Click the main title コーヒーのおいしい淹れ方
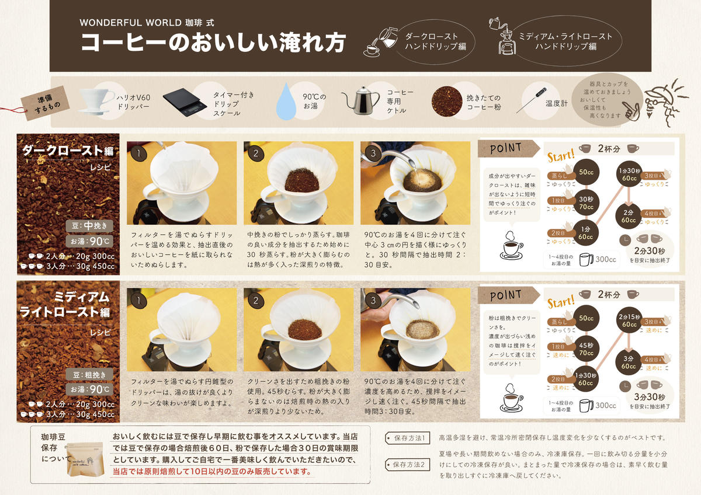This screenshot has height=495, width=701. [213, 43]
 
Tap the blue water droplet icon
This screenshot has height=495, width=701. [287, 101]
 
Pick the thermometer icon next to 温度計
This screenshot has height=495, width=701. [529, 100]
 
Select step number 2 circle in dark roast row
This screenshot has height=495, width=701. [255, 154]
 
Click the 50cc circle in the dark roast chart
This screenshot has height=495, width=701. [586, 172]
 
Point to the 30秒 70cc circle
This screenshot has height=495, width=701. [586, 202]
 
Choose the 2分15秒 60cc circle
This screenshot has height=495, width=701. [629, 320]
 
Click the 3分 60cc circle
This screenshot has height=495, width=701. [629, 362]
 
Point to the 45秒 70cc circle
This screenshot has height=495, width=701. [586, 348]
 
